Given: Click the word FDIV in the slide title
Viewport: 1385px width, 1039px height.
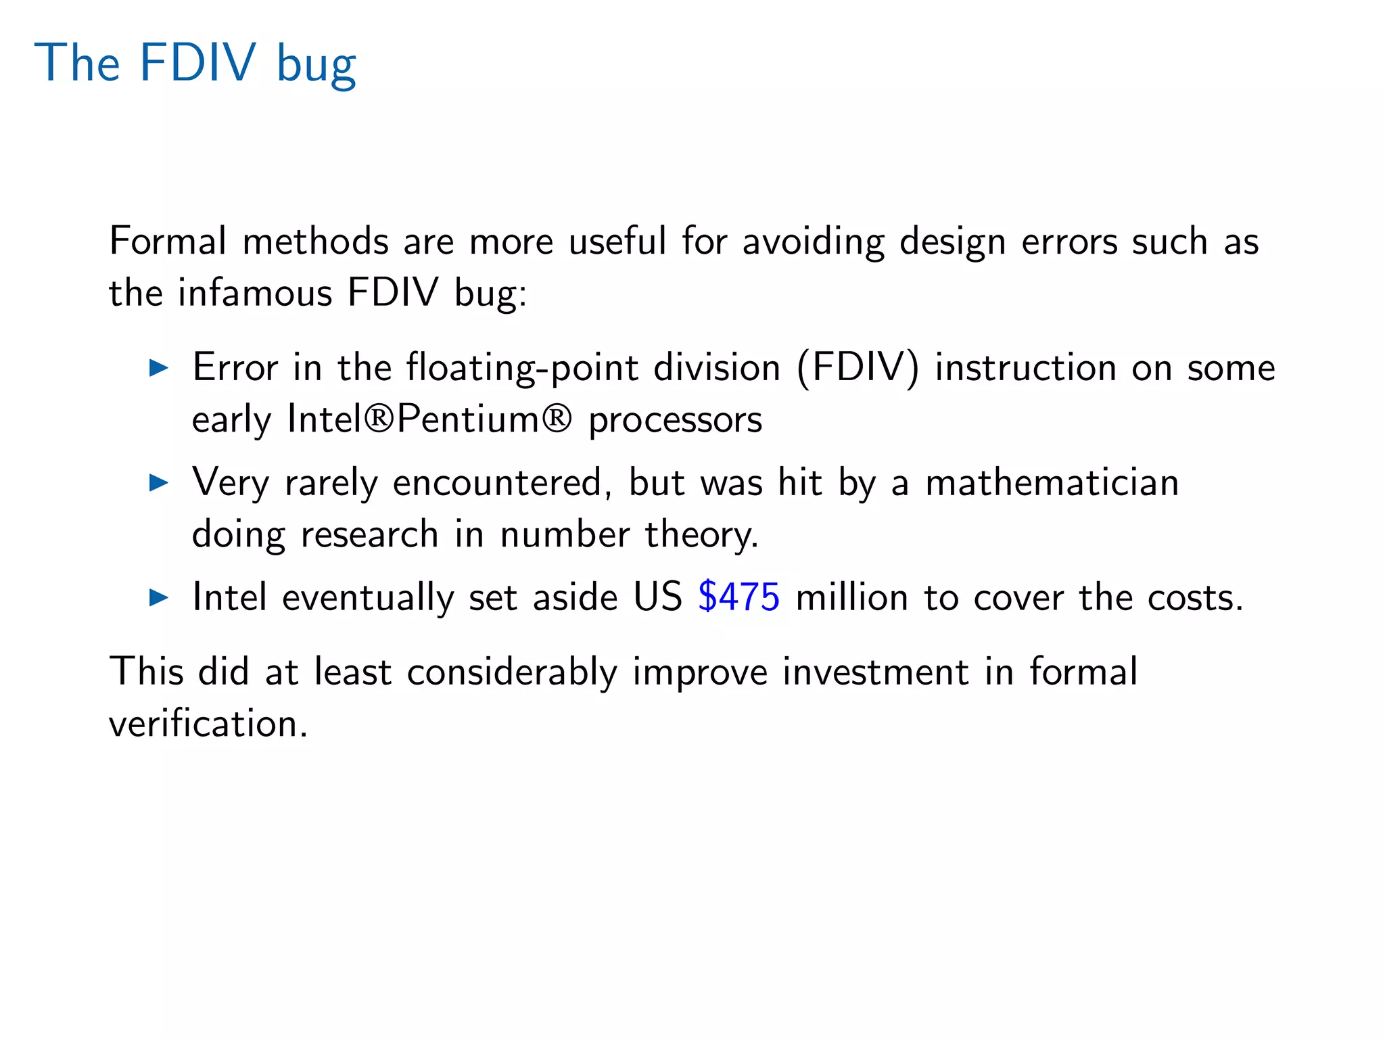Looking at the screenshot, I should [197, 63].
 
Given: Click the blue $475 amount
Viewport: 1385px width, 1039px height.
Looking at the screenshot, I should [738, 597].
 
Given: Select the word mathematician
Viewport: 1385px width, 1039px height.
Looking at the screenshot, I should [1052, 483].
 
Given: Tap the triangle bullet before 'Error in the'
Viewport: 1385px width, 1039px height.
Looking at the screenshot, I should [158, 368].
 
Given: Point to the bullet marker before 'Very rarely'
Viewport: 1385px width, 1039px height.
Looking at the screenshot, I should [158, 483].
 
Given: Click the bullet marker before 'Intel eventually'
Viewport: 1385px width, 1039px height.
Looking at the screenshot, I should [158, 597].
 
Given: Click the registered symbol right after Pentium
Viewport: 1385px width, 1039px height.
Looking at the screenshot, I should [556, 419].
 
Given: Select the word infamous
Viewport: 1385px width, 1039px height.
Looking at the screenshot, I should [255, 293].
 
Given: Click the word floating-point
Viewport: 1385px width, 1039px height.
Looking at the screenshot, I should [522, 369].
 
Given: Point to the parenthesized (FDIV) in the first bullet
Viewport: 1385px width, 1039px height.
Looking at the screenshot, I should [858, 369].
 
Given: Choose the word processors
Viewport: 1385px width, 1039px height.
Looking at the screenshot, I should [675, 420].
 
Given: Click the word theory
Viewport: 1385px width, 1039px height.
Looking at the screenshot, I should [701, 535].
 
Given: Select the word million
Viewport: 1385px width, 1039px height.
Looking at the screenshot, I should [851, 597].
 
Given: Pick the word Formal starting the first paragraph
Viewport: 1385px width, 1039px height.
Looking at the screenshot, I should [168, 241].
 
